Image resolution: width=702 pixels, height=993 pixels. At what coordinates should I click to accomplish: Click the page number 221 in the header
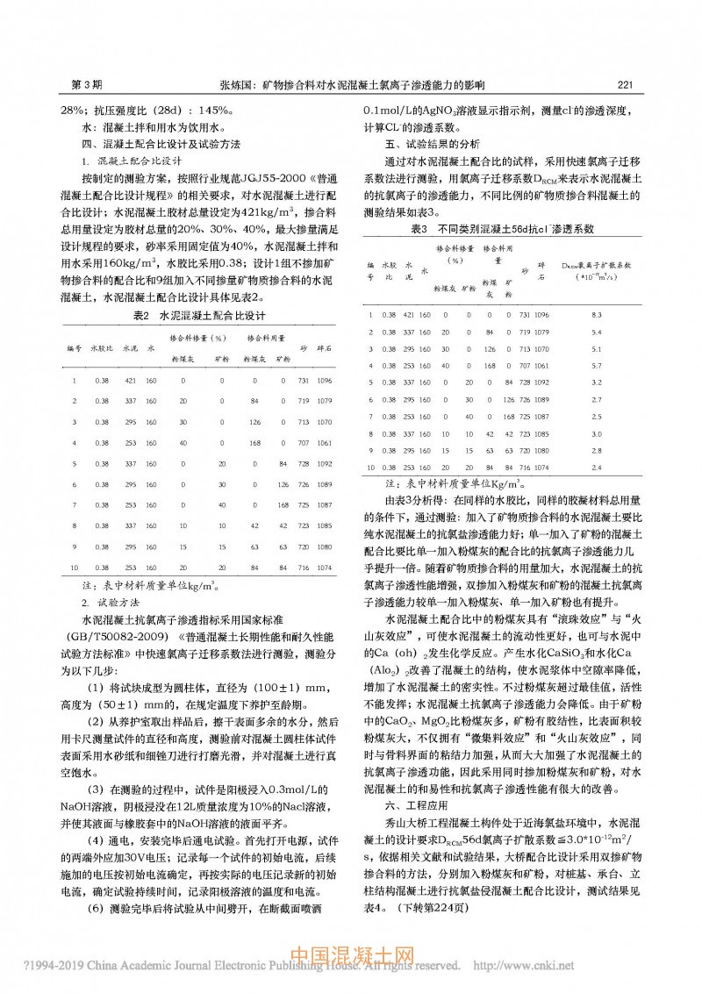pos(626,85)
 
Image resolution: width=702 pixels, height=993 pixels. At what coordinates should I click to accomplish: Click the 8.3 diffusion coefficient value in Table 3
pos(596,313)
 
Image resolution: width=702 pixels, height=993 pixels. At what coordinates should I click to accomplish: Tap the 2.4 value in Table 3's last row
pos(596,467)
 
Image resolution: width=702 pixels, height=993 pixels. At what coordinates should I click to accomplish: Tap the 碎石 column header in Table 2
pos(326,348)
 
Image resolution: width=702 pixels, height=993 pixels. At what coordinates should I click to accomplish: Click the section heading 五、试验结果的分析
pos(433,143)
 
